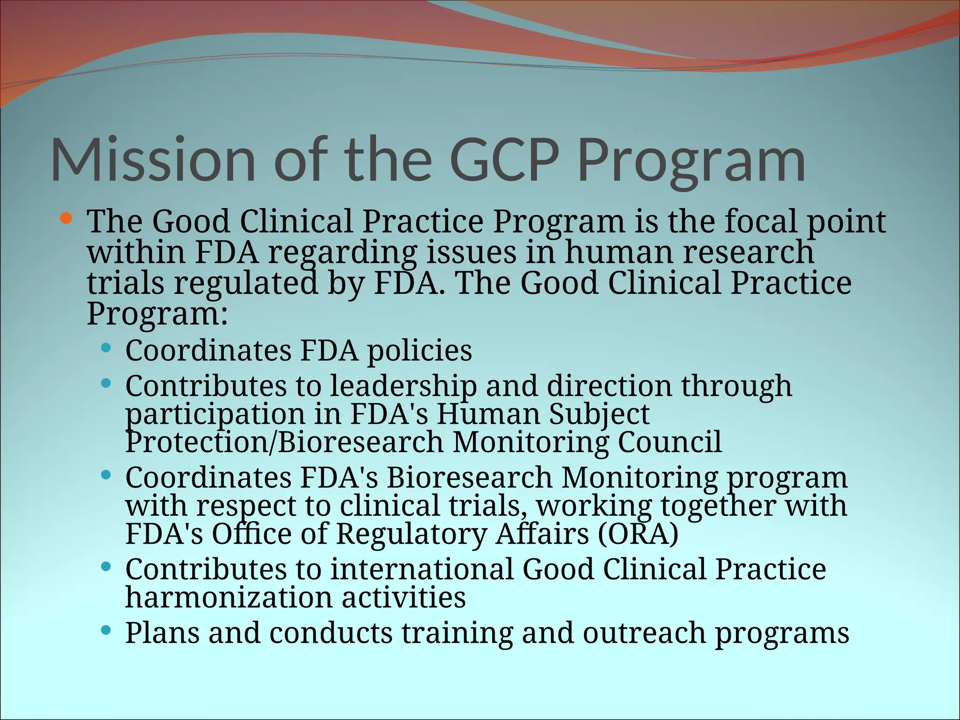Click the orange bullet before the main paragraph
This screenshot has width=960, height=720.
66,218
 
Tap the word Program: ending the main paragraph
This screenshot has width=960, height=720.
157,314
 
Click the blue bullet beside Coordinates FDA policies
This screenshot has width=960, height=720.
106,348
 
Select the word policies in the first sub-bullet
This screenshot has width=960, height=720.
419,351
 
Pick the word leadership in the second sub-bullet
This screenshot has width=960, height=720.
403,386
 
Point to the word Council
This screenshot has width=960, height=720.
670,442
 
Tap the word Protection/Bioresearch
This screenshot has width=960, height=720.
284,442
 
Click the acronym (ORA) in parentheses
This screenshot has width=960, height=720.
638,534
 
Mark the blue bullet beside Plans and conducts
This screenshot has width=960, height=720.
106,630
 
